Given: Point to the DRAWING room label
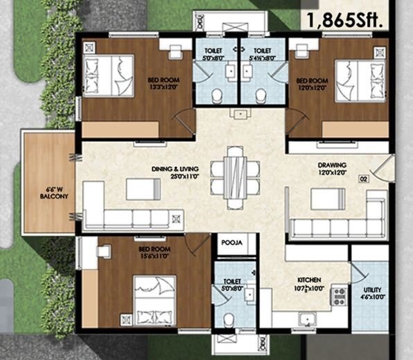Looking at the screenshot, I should [x=331, y=165].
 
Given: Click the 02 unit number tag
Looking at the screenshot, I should [x=363, y=179].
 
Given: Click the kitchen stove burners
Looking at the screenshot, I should [x=340, y=296].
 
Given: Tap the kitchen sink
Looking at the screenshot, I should [x=307, y=318].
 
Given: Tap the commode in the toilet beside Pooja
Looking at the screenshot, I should [x=230, y=319].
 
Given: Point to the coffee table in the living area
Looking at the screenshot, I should [x=142, y=188].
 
